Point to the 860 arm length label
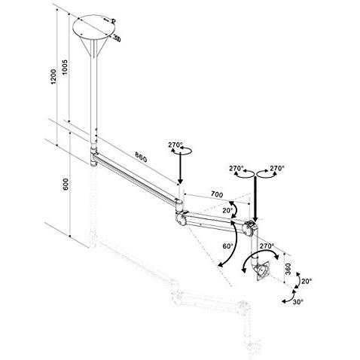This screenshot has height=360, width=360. click(136, 157)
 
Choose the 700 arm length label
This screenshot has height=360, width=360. click(216, 194)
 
